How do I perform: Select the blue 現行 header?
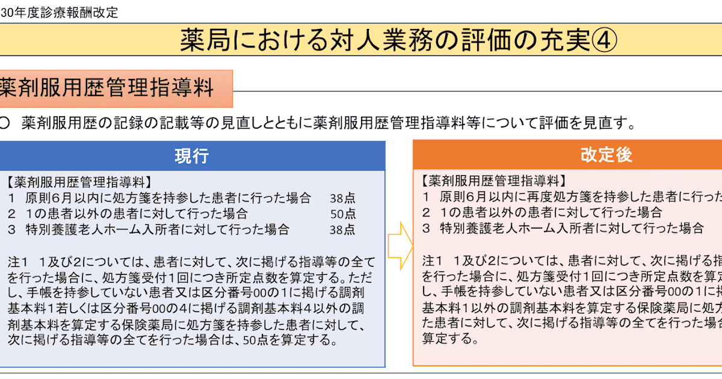[192, 156]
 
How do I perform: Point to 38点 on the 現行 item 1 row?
[342, 198]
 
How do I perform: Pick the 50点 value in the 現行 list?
[342, 214]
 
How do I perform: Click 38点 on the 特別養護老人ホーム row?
[342, 229]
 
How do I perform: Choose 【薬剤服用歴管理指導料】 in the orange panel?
[493, 180]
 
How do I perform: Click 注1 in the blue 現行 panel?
[19, 262]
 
